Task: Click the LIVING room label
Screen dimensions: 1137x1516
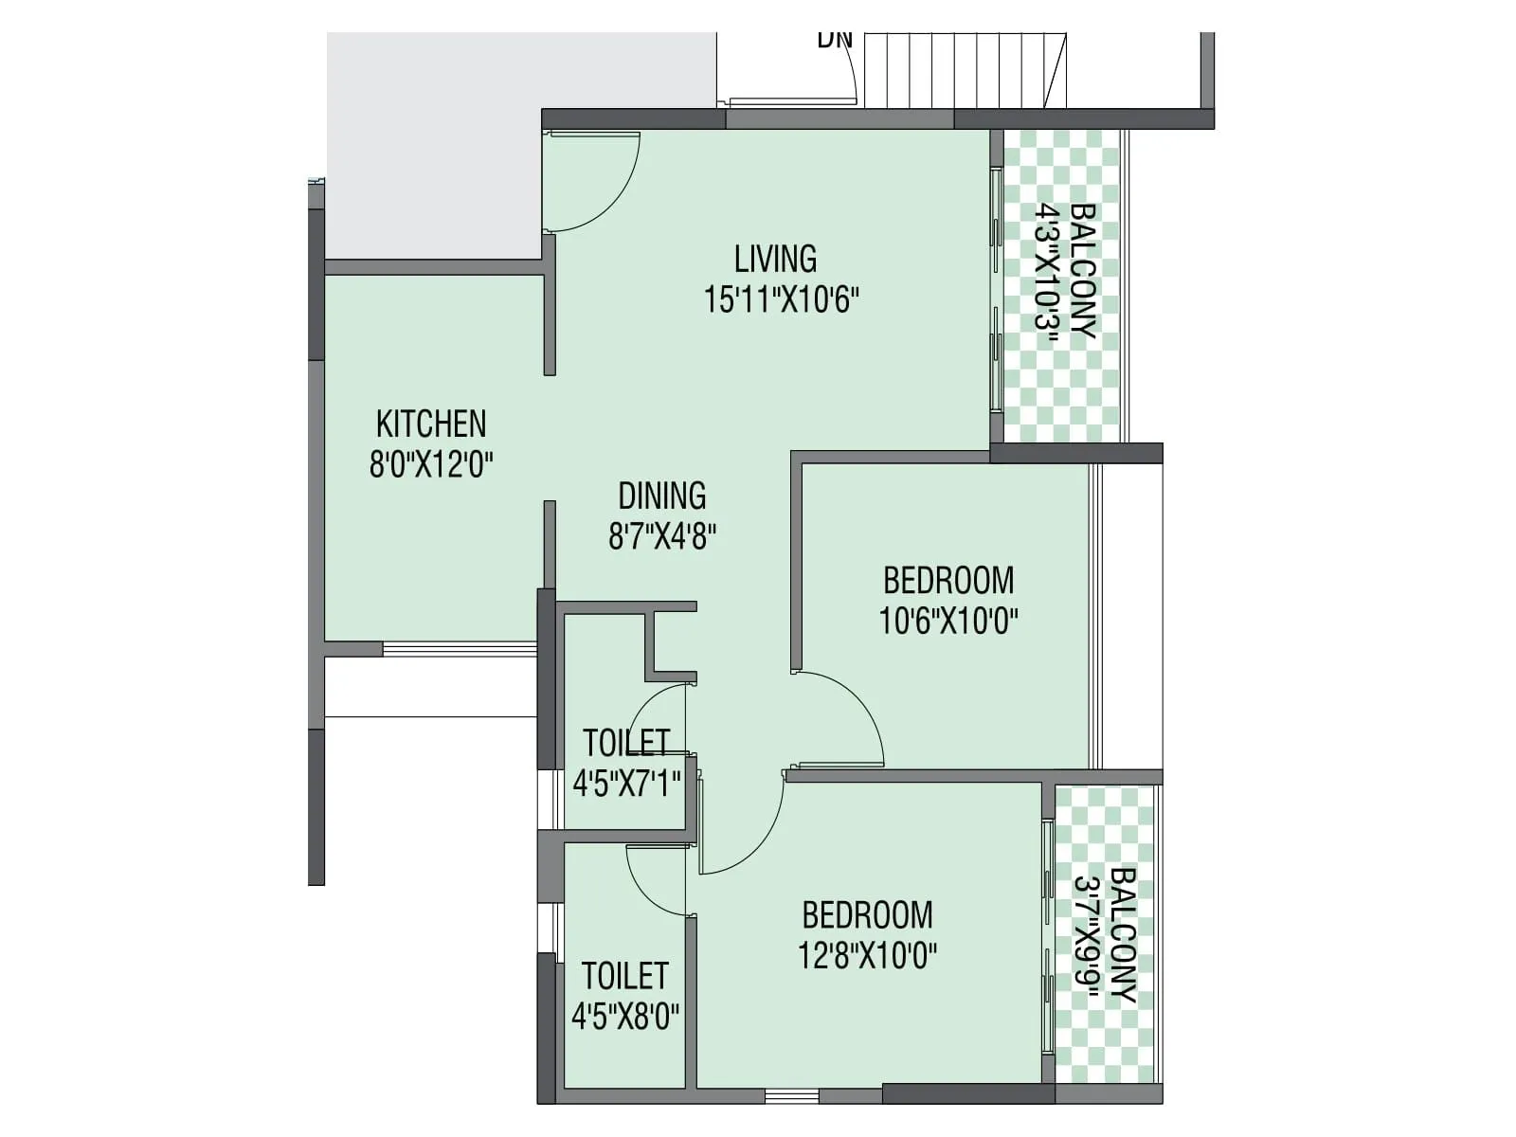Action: [775, 259]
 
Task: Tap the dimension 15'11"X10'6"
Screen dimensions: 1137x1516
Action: [781, 300]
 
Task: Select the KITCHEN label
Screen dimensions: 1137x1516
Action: [431, 424]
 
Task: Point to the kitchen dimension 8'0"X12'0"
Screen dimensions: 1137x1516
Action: [431, 465]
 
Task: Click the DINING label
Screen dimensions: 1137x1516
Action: [661, 496]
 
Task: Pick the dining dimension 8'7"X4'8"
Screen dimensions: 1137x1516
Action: [661, 537]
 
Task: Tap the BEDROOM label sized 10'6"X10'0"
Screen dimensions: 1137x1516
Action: [947, 580]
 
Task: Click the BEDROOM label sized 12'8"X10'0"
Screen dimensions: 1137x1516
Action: [867, 915]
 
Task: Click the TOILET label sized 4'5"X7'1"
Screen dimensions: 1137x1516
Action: [626, 742]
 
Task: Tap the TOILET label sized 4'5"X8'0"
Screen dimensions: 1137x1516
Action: [624, 976]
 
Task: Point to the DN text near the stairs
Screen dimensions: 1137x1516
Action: [835, 40]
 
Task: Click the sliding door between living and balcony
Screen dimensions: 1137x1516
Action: [996, 289]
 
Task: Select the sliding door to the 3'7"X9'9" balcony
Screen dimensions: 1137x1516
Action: [1047, 936]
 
